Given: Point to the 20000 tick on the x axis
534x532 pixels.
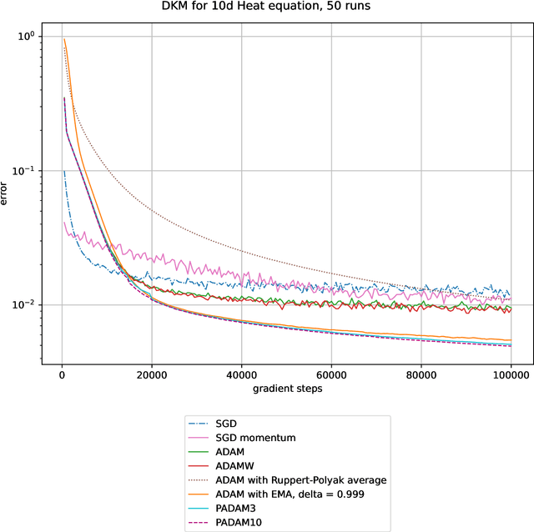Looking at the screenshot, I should pyautogui.click(x=151, y=374).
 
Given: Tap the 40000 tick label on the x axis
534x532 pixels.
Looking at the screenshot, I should pyautogui.click(x=241, y=374).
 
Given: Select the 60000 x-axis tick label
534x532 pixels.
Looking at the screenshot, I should pyautogui.click(x=331, y=374).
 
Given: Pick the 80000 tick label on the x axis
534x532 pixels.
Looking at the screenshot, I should pyautogui.click(x=421, y=374).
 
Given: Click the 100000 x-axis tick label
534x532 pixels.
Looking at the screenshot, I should pyautogui.click(x=511, y=374).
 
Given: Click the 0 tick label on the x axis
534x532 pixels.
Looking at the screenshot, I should pyautogui.click(x=62, y=374).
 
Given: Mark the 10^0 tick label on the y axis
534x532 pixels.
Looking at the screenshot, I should pyautogui.click(x=26, y=37).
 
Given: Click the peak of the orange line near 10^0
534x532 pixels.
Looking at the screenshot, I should pyautogui.click(x=64, y=39).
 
